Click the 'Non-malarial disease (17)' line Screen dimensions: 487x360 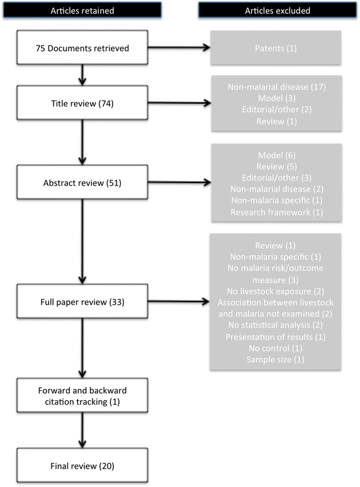pyautogui.click(x=278, y=86)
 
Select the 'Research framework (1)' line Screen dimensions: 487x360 pyautogui.click(x=278, y=213)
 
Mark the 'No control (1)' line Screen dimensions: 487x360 pyautogui.click(x=278, y=347)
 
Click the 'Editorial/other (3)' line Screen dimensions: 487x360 pyautogui.click(x=278, y=179)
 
